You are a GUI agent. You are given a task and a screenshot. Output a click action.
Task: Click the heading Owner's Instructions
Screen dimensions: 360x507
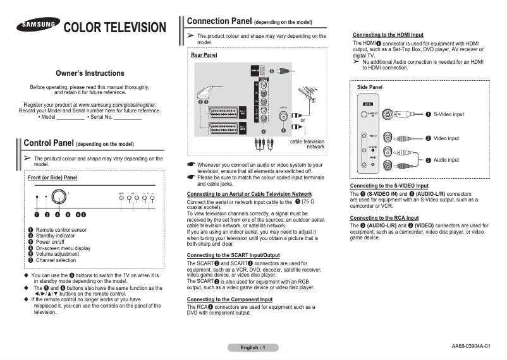click(90, 73)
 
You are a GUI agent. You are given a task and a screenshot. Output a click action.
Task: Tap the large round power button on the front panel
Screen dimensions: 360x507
click(59, 196)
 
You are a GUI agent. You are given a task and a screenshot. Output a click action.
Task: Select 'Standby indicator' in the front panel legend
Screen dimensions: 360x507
click(56, 236)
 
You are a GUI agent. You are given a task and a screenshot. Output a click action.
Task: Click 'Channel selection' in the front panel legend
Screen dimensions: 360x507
click(56, 260)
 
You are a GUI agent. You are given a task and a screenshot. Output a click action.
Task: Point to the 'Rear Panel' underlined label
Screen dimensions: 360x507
click(204, 56)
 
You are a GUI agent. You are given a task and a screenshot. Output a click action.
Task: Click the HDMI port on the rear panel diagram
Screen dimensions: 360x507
click(256, 71)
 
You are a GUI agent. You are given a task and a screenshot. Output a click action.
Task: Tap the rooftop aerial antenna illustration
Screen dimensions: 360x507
click(307, 97)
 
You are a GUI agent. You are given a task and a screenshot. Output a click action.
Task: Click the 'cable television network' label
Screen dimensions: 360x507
click(307, 144)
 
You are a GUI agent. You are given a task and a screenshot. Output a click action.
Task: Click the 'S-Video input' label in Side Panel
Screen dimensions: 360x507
click(449, 114)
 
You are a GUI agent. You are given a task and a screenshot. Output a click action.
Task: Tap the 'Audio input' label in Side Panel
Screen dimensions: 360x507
click(446, 160)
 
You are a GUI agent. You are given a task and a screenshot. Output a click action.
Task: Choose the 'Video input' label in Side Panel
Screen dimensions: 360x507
click(446, 138)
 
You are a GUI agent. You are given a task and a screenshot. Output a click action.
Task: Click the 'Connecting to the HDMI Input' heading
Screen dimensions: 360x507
click(388, 34)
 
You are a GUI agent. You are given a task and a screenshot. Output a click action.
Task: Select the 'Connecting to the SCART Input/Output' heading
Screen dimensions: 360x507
click(234, 256)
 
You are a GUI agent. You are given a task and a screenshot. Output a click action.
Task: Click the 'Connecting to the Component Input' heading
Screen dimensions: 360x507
click(229, 299)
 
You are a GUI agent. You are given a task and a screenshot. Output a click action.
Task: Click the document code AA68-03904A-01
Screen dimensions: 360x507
click(471, 346)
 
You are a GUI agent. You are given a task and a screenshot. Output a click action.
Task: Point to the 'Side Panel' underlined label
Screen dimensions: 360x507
click(369, 87)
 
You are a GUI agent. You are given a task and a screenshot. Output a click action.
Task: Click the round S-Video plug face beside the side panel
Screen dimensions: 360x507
click(389, 114)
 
